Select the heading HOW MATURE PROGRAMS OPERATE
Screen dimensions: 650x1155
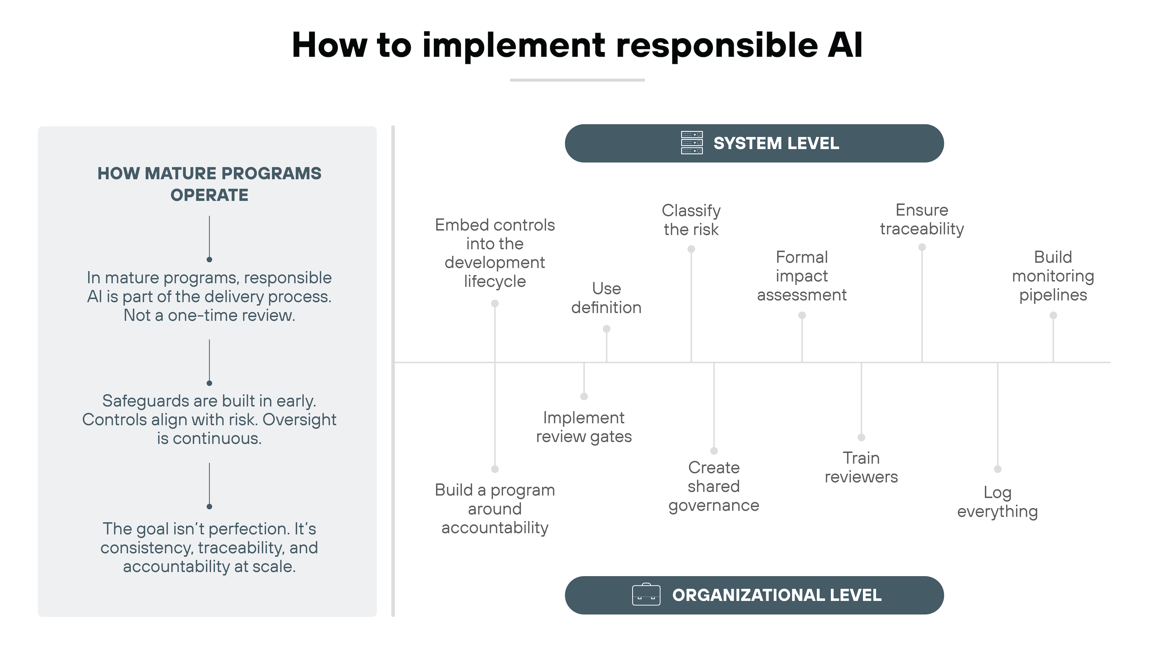point(209,184)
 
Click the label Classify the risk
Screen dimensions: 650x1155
point(691,220)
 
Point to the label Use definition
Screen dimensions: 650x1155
point(606,298)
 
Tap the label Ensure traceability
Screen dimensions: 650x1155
point(922,219)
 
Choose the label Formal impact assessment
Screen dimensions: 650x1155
point(802,276)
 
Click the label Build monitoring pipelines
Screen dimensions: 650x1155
point(1053,276)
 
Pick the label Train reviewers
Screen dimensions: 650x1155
point(861,467)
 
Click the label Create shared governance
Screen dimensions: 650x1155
point(714,486)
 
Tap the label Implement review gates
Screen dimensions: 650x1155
point(584,427)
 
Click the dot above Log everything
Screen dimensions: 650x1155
point(998,469)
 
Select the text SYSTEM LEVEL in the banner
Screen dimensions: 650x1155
point(776,144)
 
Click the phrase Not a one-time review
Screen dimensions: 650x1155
point(209,315)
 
